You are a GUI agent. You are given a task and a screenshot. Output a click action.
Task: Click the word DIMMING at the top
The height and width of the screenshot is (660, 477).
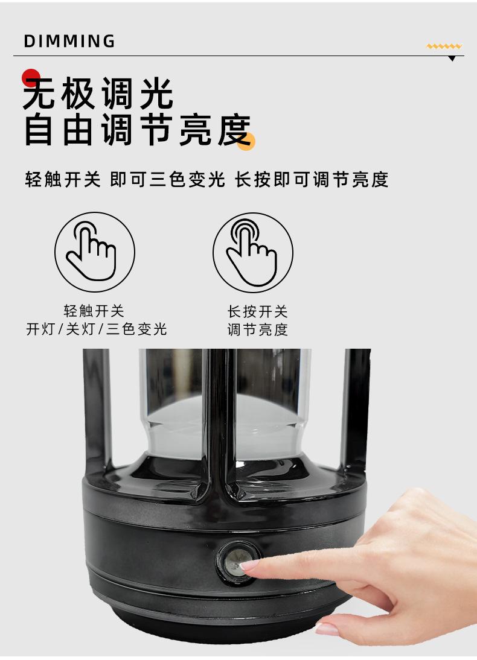pos(69,41)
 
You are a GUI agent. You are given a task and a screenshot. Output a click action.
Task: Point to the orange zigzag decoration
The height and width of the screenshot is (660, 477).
pos(444,46)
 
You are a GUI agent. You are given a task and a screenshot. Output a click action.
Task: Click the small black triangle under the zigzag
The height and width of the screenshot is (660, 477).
pos(452,59)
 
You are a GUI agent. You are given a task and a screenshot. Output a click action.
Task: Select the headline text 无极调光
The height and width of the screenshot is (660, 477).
pos(98,93)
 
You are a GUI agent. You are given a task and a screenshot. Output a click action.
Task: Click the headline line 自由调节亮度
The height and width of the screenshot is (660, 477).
pos(138,130)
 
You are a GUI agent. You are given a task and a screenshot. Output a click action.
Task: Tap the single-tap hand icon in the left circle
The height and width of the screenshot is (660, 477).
pos(91,252)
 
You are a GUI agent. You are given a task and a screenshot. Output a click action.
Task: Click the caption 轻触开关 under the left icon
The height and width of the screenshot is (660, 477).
pos(94,311)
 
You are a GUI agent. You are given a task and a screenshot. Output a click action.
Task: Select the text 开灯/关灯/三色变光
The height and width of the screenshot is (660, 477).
pos(97,329)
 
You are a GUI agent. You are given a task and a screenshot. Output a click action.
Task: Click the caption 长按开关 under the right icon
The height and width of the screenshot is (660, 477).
pos(257,311)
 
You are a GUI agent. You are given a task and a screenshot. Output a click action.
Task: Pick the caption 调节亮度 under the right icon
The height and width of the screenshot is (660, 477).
pos(257,329)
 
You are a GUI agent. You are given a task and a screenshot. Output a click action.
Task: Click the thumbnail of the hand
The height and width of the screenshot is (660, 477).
pos(327,629)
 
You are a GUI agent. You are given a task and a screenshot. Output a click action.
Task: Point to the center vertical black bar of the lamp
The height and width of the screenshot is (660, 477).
pos(219,421)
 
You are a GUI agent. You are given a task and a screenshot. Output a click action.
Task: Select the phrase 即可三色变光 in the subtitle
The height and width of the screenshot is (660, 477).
pos(167,180)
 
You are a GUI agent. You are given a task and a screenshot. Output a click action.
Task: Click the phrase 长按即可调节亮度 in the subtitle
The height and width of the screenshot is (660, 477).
pos(312,180)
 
